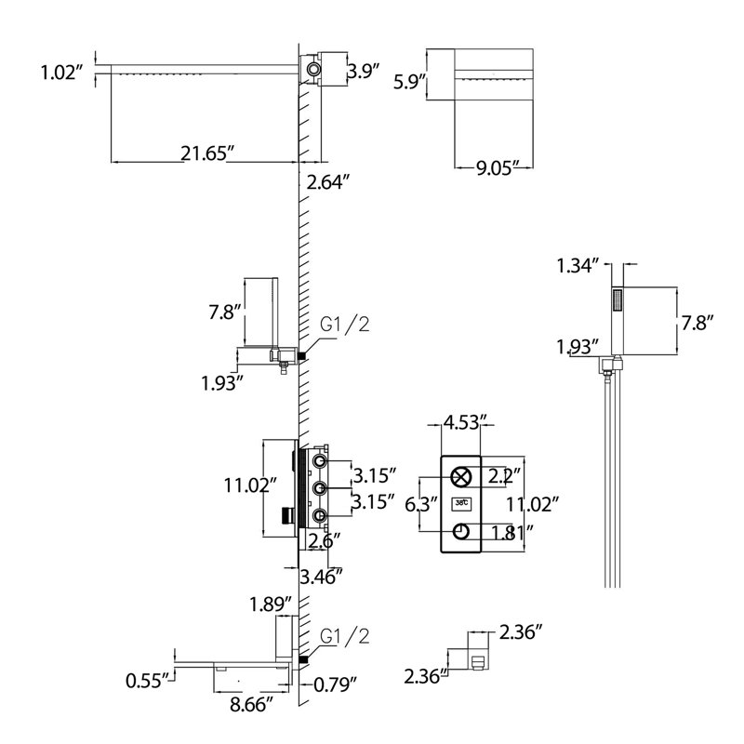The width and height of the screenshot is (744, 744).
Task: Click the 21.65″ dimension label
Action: pos(207,153)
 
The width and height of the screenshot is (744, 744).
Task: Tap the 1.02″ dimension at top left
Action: pos(61,73)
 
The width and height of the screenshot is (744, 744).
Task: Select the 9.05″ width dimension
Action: pos(496,168)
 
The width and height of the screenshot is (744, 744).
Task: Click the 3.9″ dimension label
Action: pos(364,72)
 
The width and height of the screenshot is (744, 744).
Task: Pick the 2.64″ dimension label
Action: pos(328,182)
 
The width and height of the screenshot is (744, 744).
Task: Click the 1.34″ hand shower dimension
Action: pos(578,266)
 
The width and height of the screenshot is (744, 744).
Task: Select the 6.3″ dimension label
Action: pos(420,504)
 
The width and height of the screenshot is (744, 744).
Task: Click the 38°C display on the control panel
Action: pos(461,502)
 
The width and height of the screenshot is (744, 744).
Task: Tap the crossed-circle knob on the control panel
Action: pos(460,477)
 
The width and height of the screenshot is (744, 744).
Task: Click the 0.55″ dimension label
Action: pos(147,681)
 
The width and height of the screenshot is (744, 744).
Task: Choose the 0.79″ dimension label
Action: pos(335,684)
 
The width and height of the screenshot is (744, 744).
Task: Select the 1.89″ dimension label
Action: pos(271,604)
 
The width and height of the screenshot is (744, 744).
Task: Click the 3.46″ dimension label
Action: pos(321,577)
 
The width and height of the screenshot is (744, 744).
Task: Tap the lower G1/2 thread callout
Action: pos(344,637)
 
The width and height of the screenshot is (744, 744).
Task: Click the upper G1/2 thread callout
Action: pos(344,325)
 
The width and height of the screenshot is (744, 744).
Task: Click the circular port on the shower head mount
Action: pos(313,69)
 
